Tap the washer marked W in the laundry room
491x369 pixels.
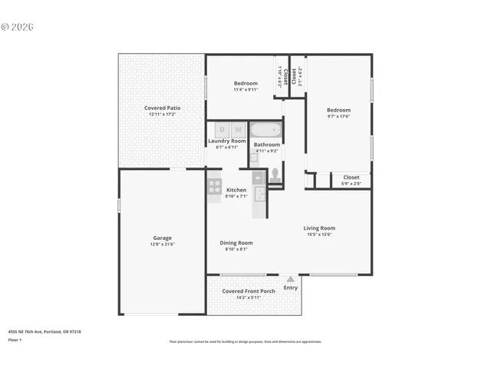[x=238, y=130]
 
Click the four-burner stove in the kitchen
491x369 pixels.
[x=214, y=185]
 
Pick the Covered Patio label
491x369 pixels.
[x=162, y=108]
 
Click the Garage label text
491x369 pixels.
[x=162, y=238]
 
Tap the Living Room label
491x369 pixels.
[x=319, y=228]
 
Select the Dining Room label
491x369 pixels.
[x=236, y=242]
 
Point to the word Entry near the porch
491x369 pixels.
[x=291, y=288]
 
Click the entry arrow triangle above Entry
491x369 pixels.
[x=290, y=279]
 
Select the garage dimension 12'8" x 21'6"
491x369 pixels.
[x=162, y=244]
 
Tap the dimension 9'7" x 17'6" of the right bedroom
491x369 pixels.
[x=338, y=117]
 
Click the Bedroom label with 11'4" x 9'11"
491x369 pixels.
[x=245, y=83]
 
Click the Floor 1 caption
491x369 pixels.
[x=15, y=339]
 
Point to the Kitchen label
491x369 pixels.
[x=236, y=190]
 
